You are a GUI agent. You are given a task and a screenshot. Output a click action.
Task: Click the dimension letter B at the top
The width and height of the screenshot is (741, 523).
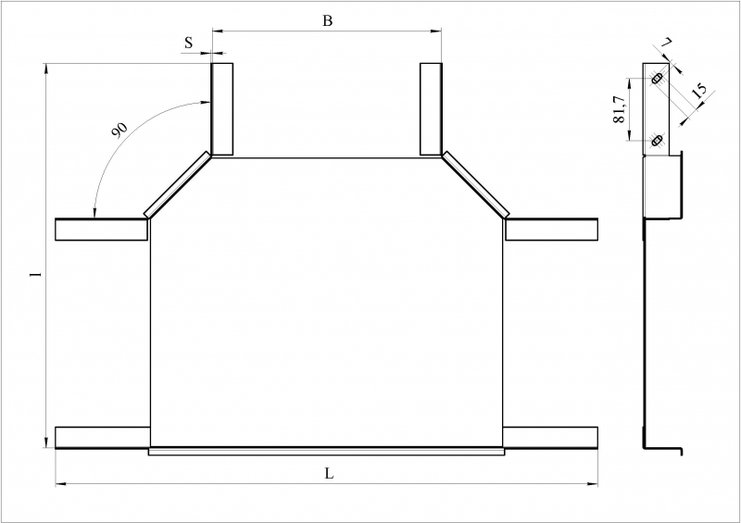click(328, 20)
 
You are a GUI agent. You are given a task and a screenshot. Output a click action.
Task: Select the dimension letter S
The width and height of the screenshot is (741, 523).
click(189, 43)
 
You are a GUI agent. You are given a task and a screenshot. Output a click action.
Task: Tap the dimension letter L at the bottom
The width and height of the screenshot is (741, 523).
click(329, 473)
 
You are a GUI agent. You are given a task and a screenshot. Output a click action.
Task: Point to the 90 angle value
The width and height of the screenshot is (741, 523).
click(119, 130)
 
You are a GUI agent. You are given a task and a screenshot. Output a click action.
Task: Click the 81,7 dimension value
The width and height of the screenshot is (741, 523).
click(619, 109)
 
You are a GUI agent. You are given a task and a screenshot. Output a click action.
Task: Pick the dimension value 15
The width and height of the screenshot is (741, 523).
click(698, 90)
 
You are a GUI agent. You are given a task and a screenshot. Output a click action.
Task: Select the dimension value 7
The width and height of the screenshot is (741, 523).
click(666, 43)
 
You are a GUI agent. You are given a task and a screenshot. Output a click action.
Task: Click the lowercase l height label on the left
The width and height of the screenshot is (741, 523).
click(32, 274)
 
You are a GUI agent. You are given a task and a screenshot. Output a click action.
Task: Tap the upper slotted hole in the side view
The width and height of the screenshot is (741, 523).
click(656, 79)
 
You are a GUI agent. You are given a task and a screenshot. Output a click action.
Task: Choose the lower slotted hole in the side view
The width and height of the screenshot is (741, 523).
click(656, 141)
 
